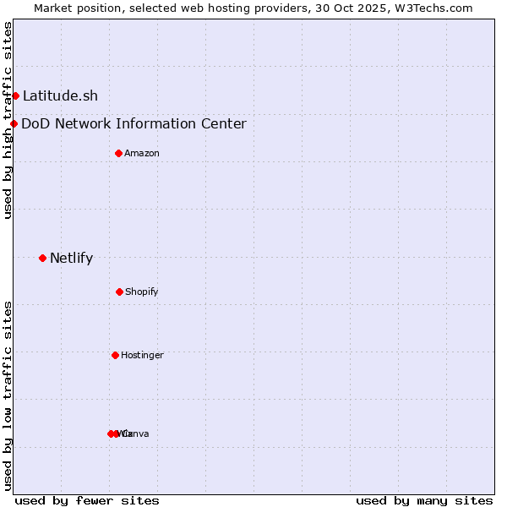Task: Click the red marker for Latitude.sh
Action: tap(15, 95)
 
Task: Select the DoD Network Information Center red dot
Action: tap(14, 123)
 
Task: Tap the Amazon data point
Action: tap(118, 153)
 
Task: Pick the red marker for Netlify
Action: tap(42, 258)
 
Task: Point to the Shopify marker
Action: tap(119, 292)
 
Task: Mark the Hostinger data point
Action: tap(115, 355)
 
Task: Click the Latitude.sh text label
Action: tap(60, 96)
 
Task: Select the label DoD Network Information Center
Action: tap(134, 124)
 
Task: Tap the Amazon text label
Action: tap(142, 154)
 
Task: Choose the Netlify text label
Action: tap(71, 259)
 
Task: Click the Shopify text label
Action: tap(142, 292)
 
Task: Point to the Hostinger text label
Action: tap(142, 356)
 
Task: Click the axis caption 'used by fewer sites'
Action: tap(87, 500)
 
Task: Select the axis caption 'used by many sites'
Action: tap(424, 500)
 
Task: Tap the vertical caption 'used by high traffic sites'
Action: tap(8, 120)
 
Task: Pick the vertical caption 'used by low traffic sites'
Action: tap(8, 395)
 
